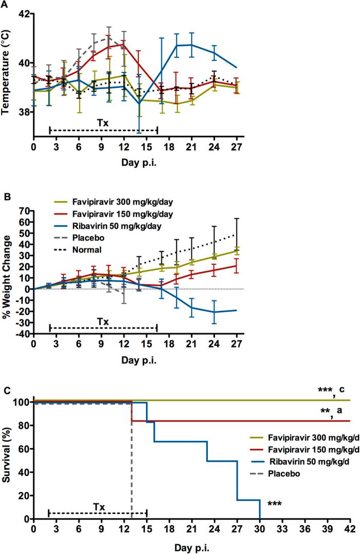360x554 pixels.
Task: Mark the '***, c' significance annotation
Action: [334, 390]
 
